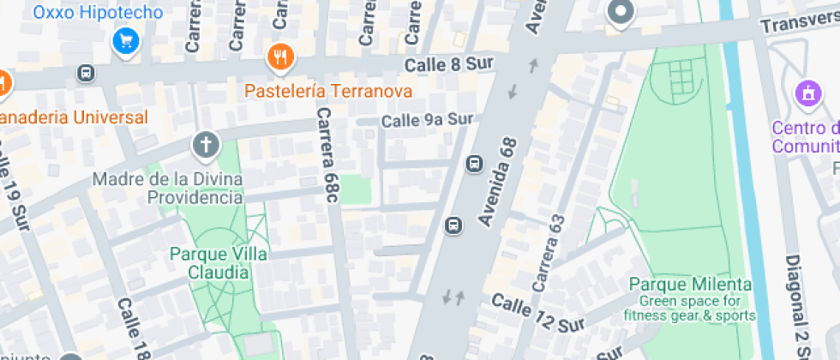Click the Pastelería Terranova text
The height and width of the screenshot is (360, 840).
pos(328,91)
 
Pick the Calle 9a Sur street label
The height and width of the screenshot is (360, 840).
pos(427,120)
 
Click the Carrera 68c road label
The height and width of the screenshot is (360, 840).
pos(328,155)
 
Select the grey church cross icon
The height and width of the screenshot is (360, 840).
pos(206,145)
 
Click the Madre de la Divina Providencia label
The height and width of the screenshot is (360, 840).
pos(167,189)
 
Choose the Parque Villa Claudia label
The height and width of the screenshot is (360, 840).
pos(219,263)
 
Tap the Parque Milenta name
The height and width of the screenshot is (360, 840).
pos(690,285)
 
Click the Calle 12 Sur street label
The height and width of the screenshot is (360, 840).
pos(537,314)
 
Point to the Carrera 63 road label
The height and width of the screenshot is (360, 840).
pos(550,251)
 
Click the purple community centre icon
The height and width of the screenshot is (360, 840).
pos(807,92)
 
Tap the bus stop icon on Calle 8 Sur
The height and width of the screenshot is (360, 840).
pos(86,73)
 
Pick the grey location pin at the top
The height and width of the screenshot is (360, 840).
pos(620,12)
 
